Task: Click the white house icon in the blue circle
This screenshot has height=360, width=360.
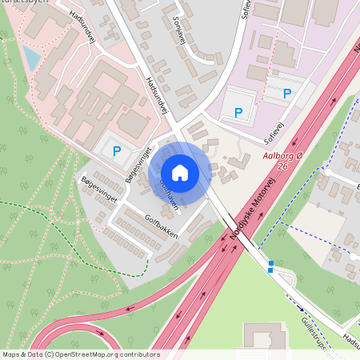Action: (180, 173)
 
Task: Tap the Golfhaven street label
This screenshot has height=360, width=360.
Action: (167, 194)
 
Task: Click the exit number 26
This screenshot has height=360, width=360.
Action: (282, 166)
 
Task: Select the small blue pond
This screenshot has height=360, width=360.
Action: (31, 57)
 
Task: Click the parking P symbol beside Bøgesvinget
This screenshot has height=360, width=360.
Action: (117, 150)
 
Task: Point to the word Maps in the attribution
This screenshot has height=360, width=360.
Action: (11, 354)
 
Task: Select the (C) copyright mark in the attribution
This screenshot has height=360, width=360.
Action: (50, 354)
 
